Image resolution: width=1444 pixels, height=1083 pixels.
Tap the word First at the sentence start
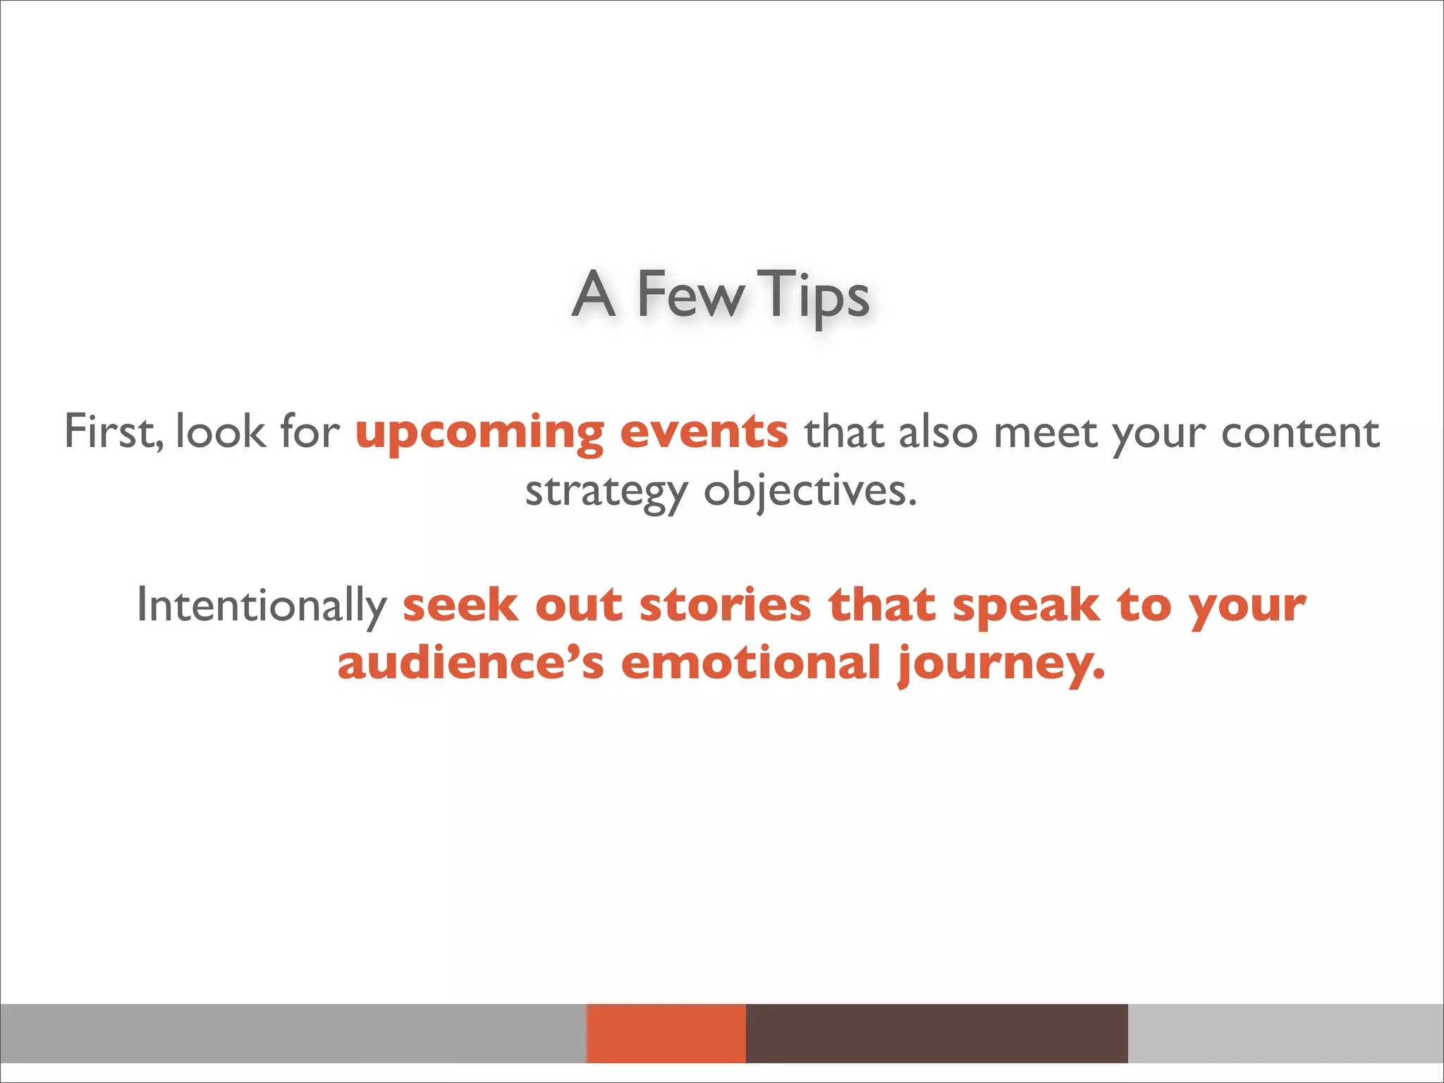coord(113,432)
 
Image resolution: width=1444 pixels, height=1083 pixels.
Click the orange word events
coord(704,432)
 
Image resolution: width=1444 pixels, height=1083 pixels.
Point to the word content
coord(1299,432)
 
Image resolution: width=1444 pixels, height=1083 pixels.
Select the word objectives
coord(810,491)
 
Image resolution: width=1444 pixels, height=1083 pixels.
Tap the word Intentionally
coord(262,606)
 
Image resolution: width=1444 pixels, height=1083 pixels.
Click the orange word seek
coord(460,605)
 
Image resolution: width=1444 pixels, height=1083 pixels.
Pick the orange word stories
coord(726,605)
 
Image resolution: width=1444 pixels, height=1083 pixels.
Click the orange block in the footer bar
coord(666,1033)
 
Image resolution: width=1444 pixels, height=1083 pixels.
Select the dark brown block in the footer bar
coord(936,1033)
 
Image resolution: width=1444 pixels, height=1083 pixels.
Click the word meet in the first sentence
coord(1045,432)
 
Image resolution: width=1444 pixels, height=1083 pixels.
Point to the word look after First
coord(221,432)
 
